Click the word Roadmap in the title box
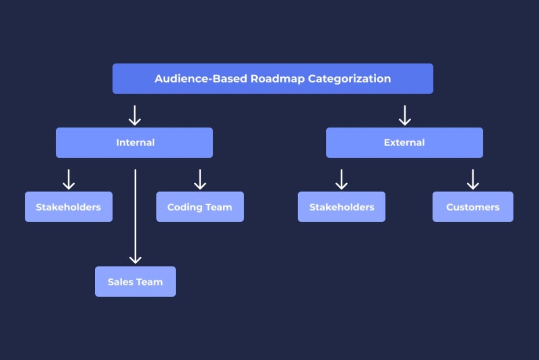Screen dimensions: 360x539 coord(278,79)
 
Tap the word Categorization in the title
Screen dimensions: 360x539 coord(349,79)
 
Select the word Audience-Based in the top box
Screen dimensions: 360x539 coord(201,79)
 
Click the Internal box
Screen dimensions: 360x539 coord(134,142)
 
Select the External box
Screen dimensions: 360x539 coord(404,142)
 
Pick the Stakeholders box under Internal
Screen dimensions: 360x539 coord(69,207)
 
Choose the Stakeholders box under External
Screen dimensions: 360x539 coord(342,207)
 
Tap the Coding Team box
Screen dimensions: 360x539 coord(200,207)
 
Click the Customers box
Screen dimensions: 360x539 coord(473,207)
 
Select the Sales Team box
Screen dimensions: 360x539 coord(135,282)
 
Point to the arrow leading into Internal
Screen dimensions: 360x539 coord(135,116)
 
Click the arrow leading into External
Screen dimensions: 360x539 coord(405,116)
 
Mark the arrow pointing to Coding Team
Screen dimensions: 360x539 coord(200,179)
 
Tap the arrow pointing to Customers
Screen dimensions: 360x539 coord(473,179)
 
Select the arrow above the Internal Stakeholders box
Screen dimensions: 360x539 coord(69,179)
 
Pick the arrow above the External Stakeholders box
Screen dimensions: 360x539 coord(342,179)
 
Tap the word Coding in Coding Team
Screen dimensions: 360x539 coord(185,207)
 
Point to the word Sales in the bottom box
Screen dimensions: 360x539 coord(120,282)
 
